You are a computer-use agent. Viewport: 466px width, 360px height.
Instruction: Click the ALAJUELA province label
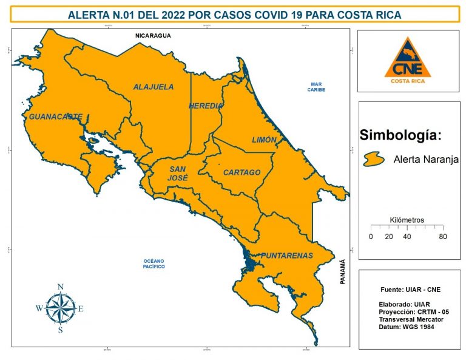click(153, 87)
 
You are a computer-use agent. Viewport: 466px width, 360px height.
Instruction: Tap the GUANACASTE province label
click(55, 117)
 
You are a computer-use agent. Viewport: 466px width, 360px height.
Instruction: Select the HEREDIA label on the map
click(206, 106)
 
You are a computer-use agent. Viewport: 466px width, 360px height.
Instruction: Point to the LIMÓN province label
click(264, 140)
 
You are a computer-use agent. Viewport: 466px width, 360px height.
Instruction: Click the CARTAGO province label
click(241, 172)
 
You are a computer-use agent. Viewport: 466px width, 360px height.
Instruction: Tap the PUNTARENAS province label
click(286, 256)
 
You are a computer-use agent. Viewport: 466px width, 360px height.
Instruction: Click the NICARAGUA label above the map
click(153, 36)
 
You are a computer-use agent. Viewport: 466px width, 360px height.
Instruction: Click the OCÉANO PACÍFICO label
click(150, 263)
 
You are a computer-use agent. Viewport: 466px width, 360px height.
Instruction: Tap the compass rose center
click(61, 308)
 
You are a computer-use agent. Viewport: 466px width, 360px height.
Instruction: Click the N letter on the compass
click(61, 287)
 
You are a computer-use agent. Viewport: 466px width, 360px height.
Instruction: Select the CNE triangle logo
click(408, 59)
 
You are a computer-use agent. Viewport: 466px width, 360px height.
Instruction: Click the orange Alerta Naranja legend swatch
click(374, 159)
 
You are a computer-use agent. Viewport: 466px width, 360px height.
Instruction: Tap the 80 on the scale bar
click(443, 237)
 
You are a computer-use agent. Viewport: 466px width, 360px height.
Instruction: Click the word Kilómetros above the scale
click(407, 220)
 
